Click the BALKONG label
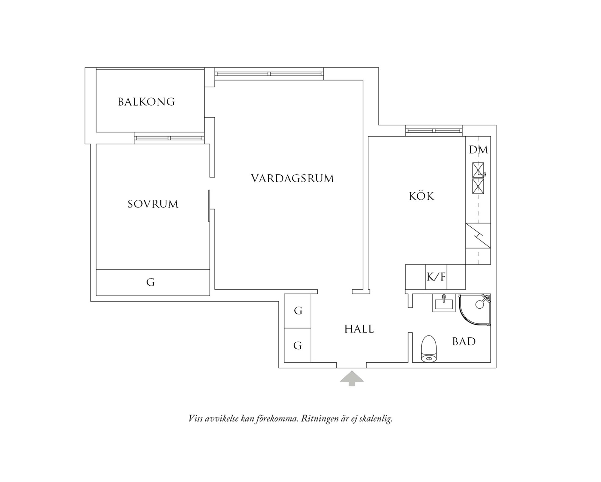tap(146, 102)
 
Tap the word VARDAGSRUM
tap(292, 178)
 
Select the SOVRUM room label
tap(153, 204)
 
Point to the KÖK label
tap(421, 196)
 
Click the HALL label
tap(359, 329)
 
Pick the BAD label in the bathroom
tap(464, 342)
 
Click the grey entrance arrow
tap(352, 378)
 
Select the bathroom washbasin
tap(444, 303)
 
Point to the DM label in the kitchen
tap(478, 149)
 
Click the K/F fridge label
tap(436, 277)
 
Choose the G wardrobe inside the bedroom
tap(151, 282)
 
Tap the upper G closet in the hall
tap(298, 311)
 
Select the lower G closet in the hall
tap(297, 345)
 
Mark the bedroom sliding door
tap(209, 206)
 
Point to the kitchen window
tap(434, 131)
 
